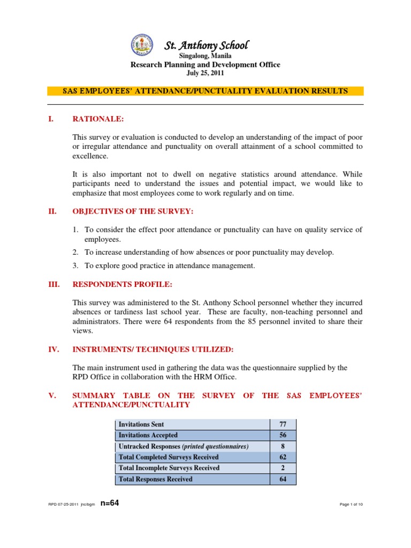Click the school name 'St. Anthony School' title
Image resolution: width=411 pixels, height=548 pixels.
[206, 45]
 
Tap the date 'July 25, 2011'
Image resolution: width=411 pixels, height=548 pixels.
[206, 73]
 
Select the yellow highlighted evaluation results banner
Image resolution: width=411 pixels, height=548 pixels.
[205, 92]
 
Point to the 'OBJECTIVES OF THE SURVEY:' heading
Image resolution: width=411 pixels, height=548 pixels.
[132, 212]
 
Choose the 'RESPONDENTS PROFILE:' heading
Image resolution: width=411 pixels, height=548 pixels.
[123, 284]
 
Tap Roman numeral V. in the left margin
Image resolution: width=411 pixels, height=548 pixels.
[52, 395]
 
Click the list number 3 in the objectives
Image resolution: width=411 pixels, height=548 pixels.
[76, 266]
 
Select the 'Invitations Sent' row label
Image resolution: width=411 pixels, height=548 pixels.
[141, 424]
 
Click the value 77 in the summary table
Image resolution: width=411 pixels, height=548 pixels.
[283, 424]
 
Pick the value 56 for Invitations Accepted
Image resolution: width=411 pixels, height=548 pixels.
[283, 435]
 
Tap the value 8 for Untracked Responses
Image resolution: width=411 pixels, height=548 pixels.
[283, 446]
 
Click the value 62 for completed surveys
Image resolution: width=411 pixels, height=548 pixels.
[283, 457]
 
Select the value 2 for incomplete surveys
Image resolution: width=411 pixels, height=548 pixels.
[283, 468]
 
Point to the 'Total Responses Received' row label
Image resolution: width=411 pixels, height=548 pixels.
[155, 479]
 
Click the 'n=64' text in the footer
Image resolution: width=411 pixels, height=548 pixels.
[110, 504]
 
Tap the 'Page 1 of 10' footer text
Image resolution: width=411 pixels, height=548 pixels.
[351, 505]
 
